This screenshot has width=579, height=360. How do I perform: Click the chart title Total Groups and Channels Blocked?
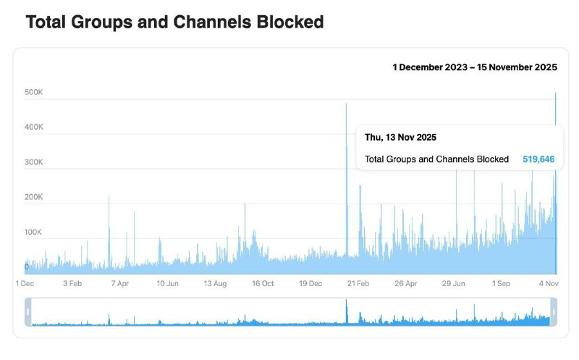174,22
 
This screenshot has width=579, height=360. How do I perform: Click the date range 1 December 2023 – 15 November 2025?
475,67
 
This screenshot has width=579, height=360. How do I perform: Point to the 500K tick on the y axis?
34,92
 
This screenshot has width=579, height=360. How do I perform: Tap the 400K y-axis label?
34,127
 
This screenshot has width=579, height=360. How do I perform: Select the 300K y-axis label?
34,162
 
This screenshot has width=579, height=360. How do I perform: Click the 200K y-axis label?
34,197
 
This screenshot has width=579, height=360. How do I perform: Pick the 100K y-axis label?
34,232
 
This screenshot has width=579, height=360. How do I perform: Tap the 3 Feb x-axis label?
73,284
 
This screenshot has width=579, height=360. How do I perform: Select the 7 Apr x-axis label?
120,284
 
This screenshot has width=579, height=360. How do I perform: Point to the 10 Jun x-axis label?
167,284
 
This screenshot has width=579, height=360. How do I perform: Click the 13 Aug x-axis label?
215,284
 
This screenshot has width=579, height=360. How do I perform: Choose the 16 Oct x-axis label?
263,284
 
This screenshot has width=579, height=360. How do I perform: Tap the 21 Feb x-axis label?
358,284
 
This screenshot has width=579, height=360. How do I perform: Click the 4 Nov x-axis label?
547,284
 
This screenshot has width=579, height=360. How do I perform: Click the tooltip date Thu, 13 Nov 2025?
400,137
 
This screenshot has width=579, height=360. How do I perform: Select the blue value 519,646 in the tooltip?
538,159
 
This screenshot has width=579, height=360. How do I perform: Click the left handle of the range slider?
28,312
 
